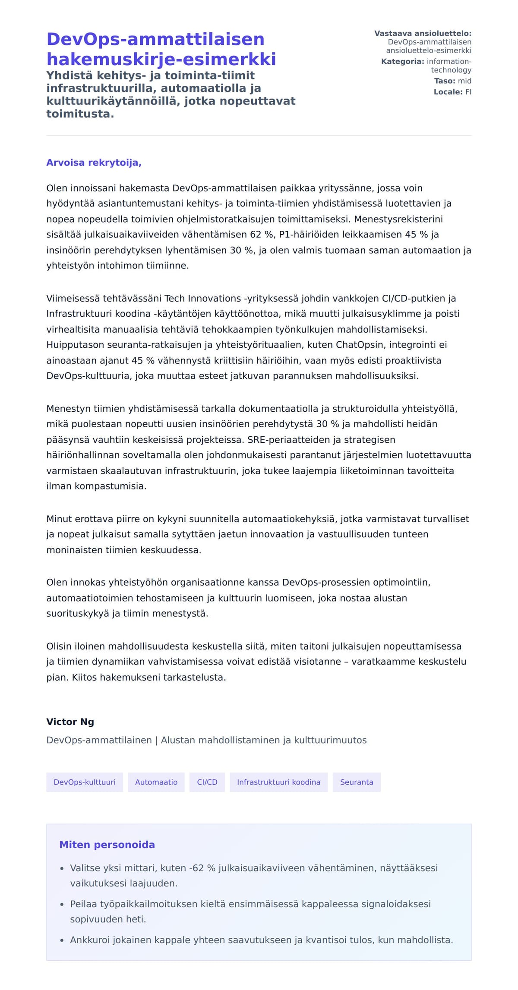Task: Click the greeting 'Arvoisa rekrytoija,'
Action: coord(94,163)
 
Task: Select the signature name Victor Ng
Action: coord(70,722)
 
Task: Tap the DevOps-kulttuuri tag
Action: coord(85,782)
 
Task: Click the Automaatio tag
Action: coord(156,782)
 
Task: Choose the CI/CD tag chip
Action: coord(207,782)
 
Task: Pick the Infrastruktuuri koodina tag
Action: coord(278,782)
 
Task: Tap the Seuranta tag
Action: coord(357,782)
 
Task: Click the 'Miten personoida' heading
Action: coord(107,845)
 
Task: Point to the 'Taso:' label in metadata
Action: coord(444,81)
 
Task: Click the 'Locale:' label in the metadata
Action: coord(448,92)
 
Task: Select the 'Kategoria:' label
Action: coord(402,61)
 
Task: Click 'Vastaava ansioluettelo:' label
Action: coord(423,33)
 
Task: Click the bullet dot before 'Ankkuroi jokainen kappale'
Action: coord(62,940)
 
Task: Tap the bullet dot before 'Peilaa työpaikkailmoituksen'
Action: coord(62,905)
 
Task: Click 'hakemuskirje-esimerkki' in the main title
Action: coord(161,59)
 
